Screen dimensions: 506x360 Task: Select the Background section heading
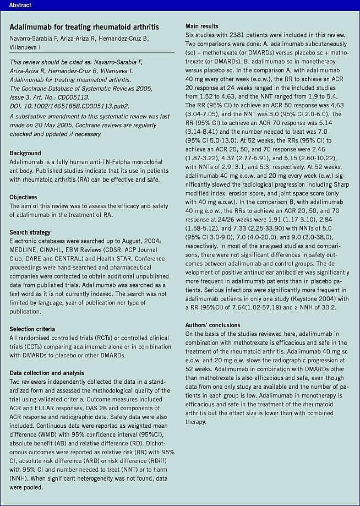click(25, 153)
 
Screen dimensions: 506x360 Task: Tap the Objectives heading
click(24, 197)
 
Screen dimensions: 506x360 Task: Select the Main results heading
click(201, 26)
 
